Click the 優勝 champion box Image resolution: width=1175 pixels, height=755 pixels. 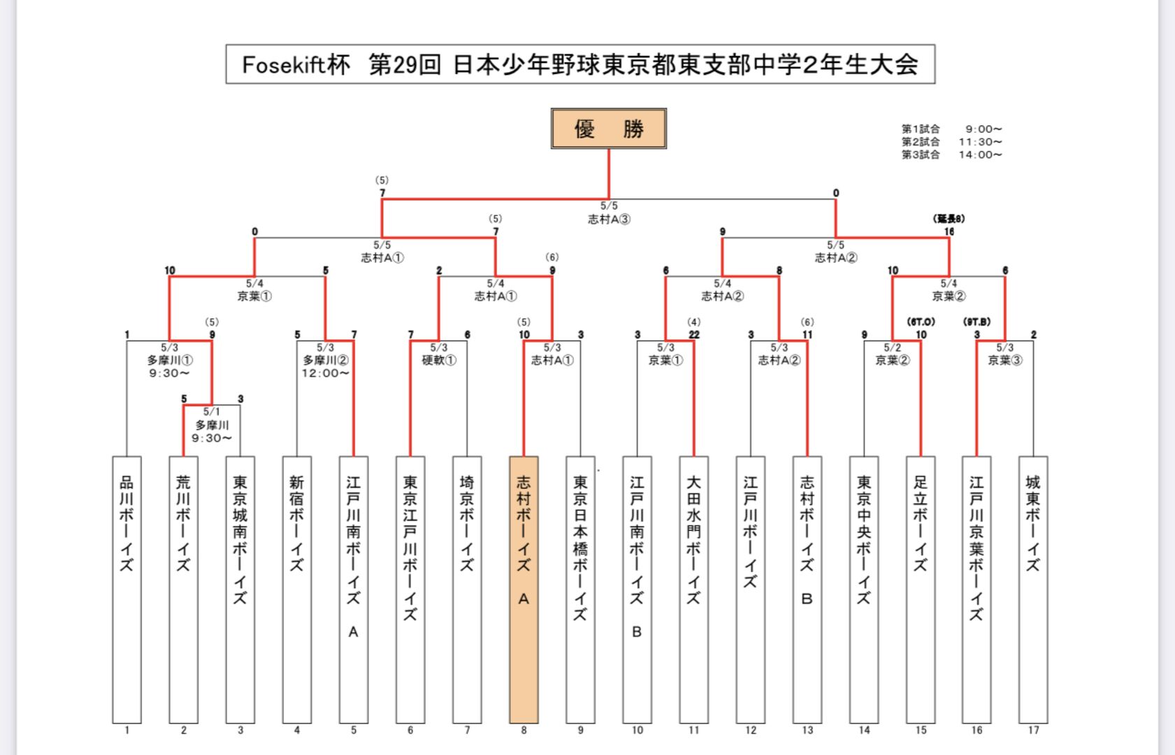click(x=608, y=129)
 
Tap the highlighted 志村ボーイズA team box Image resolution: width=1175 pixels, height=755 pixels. click(x=524, y=589)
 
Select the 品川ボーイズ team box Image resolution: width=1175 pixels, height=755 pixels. click(x=127, y=589)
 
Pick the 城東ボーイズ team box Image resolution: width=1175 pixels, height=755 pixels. click(x=1033, y=589)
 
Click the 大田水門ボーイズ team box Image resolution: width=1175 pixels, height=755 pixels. click(x=693, y=589)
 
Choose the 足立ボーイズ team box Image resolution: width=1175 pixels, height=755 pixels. click(x=920, y=589)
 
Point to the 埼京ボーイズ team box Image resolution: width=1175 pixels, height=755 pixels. click(x=467, y=589)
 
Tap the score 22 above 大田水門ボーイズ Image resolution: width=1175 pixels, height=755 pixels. click(x=693, y=335)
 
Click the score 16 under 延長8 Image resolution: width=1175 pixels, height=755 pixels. click(x=949, y=232)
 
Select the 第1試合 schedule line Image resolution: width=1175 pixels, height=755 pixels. click(x=951, y=129)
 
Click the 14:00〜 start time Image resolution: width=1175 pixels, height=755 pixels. click(x=980, y=155)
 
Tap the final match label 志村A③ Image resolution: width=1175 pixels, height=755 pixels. click(x=609, y=220)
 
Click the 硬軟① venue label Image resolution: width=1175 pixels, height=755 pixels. click(x=439, y=361)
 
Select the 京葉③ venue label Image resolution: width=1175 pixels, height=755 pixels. click(x=1004, y=361)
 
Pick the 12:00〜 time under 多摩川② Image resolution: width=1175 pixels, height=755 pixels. click(x=325, y=373)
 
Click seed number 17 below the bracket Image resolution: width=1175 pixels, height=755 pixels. click(x=1033, y=731)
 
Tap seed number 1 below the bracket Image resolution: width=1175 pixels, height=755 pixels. click(x=127, y=731)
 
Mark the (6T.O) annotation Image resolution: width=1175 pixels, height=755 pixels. click(x=921, y=322)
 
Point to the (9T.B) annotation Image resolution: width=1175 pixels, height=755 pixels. click(x=976, y=322)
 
